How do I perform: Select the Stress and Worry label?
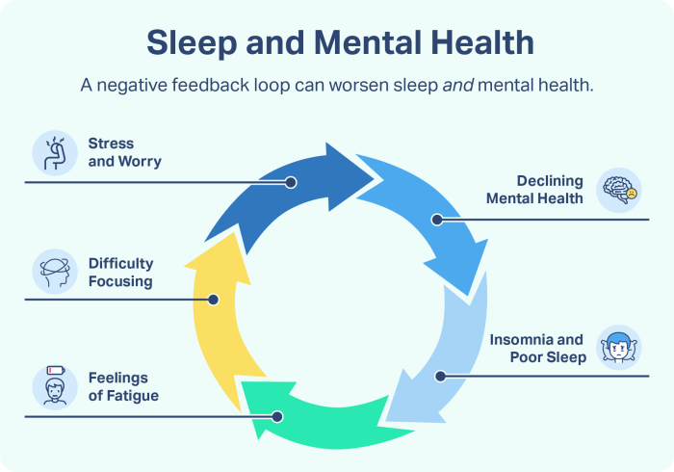124,152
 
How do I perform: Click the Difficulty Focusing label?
120,273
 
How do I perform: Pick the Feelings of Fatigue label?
123,386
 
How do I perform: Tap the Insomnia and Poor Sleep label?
536,349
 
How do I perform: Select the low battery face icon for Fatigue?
54,386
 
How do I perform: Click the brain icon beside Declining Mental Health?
619,191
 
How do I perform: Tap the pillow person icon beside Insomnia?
619,348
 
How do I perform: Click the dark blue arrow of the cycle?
289,188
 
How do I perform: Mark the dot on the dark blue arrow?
291,181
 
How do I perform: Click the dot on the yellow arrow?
214,300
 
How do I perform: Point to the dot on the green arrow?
277,416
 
